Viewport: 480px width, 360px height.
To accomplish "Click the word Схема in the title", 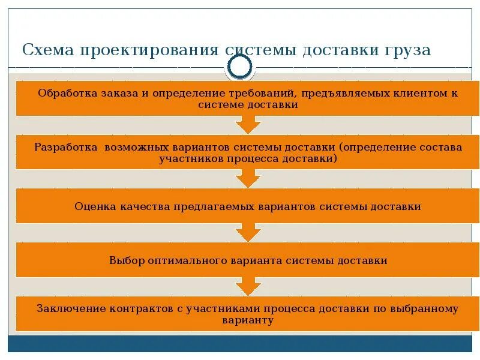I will pos(44,50).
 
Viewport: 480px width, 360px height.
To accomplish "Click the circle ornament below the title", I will pos(241,67).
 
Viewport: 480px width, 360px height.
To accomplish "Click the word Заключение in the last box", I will pos(70,309).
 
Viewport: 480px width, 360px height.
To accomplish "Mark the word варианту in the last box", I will pos(248,320).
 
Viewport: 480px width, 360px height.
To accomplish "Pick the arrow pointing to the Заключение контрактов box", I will pos(248,286).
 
